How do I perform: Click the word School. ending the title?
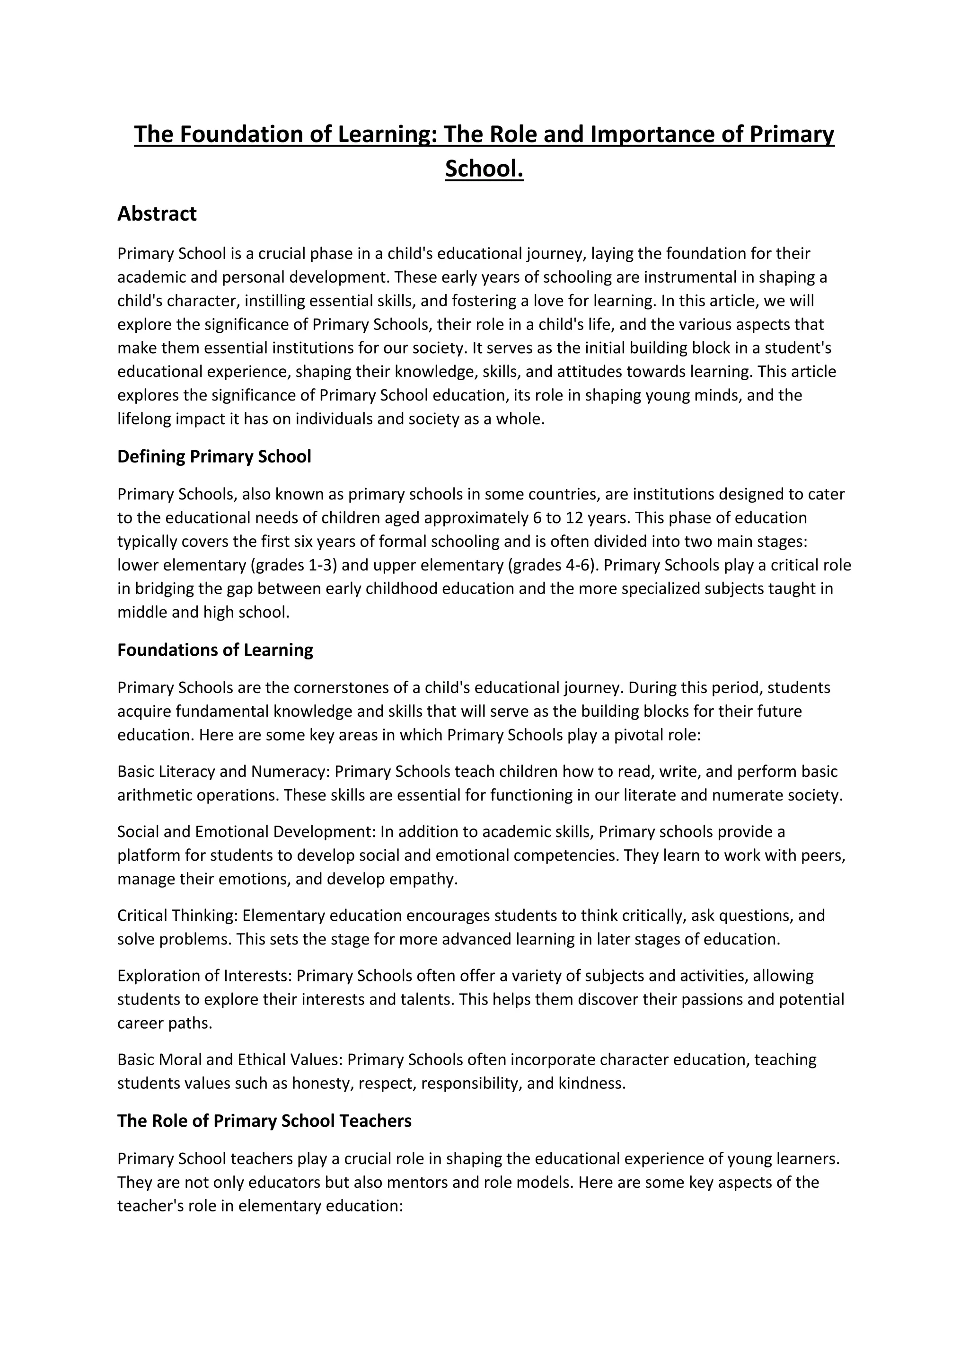[x=484, y=169]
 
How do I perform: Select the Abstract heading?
[x=157, y=214]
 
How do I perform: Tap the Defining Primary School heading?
[x=214, y=457]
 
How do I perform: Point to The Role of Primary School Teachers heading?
[x=264, y=1121]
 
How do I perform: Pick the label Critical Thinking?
[x=178, y=916]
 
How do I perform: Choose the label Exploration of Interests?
[x=205, y=976]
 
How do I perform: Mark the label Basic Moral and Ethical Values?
[x=230, y=1060]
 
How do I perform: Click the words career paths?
[x=164, y=1023]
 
